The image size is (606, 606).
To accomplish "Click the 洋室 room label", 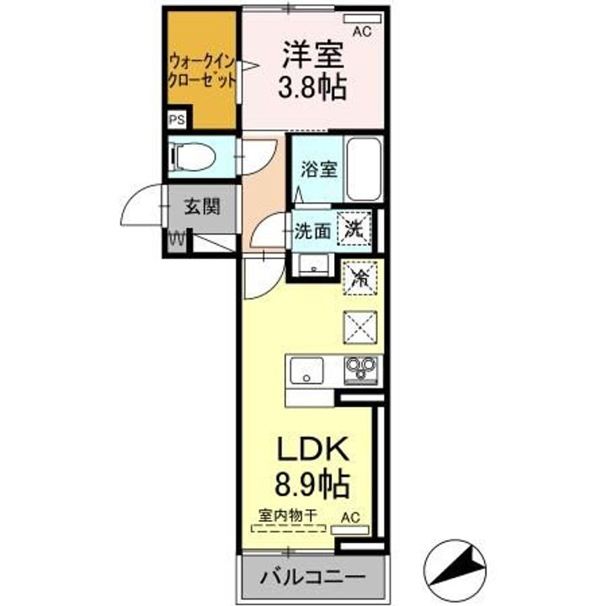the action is (x=313, y=56).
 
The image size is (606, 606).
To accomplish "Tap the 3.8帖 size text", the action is (x=312, y=88).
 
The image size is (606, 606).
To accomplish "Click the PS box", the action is (x=177, y=120).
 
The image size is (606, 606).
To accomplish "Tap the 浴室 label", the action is (x=319, y=169).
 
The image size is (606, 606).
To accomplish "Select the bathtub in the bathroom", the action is (x=364, y=169).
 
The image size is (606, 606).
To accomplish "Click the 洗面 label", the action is (x=312, y=231).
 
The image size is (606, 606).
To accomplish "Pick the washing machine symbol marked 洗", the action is (x=354, y=229).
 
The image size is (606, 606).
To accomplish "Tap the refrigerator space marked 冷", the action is (x=360, y=278).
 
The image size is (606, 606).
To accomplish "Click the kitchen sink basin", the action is (x=307, y=370).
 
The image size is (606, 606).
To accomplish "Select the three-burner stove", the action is (x=361, y=370).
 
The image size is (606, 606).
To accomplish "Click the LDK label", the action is (x=312, y=449).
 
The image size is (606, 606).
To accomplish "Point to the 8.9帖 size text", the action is (x=312, y=483).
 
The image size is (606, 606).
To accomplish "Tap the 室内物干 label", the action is (x=288, y=515).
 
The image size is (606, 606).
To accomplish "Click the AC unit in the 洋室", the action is (x=362, y=19).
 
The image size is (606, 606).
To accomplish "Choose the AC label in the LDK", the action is (x=350, y=518).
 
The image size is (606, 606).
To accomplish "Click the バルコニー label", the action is (x=312, y=577).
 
